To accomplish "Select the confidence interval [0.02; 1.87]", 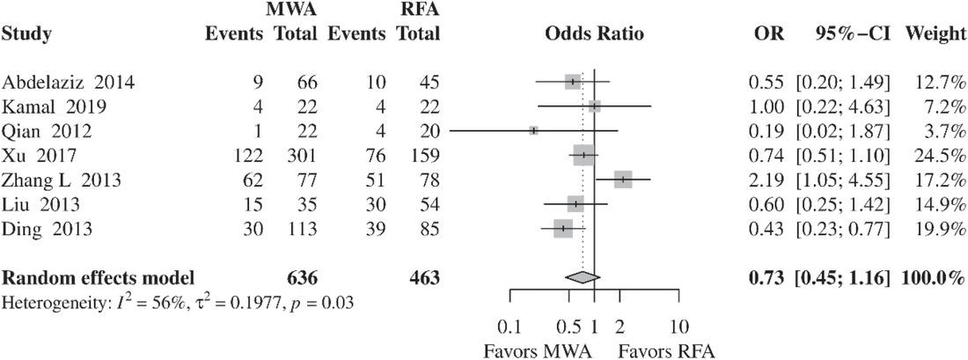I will [842, 132].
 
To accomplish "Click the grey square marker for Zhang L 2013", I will [623, 180].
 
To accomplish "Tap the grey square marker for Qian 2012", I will [533, 130].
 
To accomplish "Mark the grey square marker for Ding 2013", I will [563, 229].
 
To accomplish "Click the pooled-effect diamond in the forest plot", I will [581, 277].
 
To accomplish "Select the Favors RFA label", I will [665, 349].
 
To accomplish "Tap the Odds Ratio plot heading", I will [594, 35].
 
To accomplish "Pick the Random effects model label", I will [98, 278].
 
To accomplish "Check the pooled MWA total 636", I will [303, 278].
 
